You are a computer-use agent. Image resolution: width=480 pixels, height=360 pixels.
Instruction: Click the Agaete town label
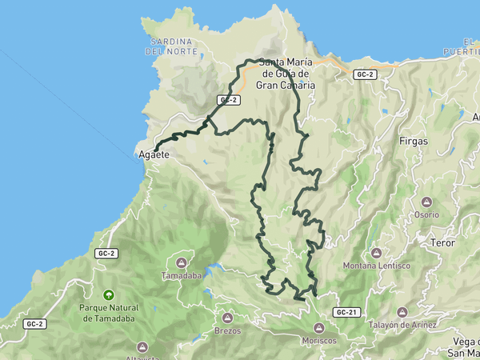coord(154,154)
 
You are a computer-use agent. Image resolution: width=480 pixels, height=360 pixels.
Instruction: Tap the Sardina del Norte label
coord(170,46)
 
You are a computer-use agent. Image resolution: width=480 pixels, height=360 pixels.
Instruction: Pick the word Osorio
coord(426,214)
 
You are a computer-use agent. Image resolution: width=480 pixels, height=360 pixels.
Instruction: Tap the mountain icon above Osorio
coord(426,202)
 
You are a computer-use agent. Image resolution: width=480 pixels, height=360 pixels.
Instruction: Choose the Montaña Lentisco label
coord(376,266)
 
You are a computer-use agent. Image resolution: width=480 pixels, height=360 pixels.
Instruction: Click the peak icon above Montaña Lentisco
coord(376,253)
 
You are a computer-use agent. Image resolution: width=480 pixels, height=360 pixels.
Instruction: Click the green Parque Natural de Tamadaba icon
coord(109,294)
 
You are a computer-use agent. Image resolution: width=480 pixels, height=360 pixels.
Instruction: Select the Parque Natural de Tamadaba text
coord(109,313)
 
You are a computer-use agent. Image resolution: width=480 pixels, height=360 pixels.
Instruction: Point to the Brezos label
coord(227,330)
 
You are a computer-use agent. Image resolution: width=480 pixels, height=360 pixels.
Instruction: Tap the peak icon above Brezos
coord(227,317)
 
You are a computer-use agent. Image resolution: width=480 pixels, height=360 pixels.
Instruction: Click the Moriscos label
coord(319,340)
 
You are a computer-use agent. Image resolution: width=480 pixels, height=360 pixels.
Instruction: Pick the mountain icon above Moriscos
coord(319,327)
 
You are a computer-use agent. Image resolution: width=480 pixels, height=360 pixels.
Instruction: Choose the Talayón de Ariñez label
coord(402,325)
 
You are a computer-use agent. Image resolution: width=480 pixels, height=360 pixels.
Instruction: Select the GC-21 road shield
coord(346,312)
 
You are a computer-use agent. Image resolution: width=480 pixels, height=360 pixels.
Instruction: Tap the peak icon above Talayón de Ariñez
coord(402,312)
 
